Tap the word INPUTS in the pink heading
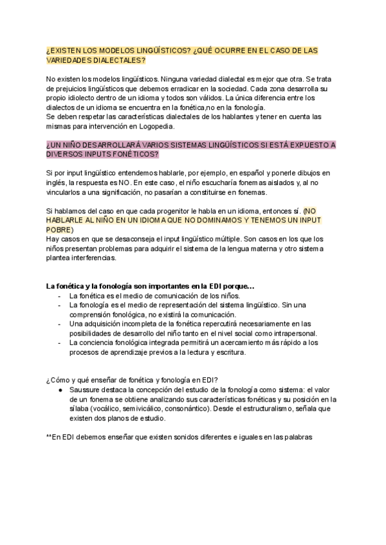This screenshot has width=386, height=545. point(96,155)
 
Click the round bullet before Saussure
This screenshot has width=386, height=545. point(60,389)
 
